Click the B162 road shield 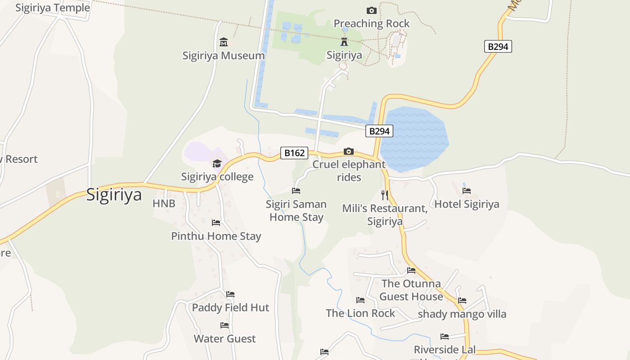pyautogui.click(x=294, y=153)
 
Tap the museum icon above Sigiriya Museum pyautogui.click(x=224, y=42)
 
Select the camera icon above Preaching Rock pyautogui.click(x=372, y=10)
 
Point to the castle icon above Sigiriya pyautogui.click(x=344, y=42)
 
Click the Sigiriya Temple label pyautogui.click(x=53, y=8)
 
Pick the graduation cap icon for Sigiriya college pyautogui.click(x=217, y=163)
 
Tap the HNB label pyautogui.click(x=164, y=203)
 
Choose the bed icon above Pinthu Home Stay pyautogui.click(x=216, y=222)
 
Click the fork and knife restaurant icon pyautogui.click(x=384, y=195)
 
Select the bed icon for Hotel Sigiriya pyautogui.click(x=467, y=191)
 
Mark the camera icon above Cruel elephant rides pyautogui.click(x=349, y=151)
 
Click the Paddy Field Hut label pyautogui.click(x=230, y=308)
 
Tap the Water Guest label pyautogui.click(x=225, y=338)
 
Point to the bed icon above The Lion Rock pyautogui.click(x=360, y=300)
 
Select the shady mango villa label pyautogui.click(x=462, y=314)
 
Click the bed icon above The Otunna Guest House pyautogui.click(x=411, y=270)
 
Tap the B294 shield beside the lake pyautogui.click(x=379, y=131)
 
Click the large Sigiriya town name pyautogui.click(x=114, y=195)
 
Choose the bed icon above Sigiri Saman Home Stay pyautogui.click(x=296, y=191)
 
